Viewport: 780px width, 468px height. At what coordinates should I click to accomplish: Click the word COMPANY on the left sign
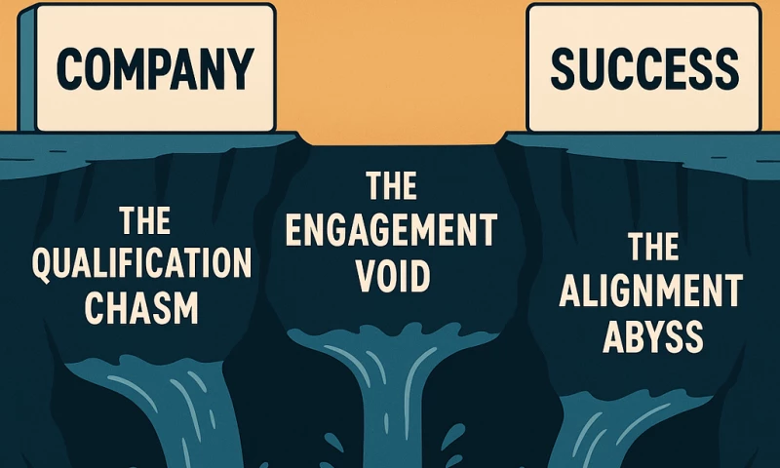click(x=153, y=65)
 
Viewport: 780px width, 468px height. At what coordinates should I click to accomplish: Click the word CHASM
click(x=141, y=307)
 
